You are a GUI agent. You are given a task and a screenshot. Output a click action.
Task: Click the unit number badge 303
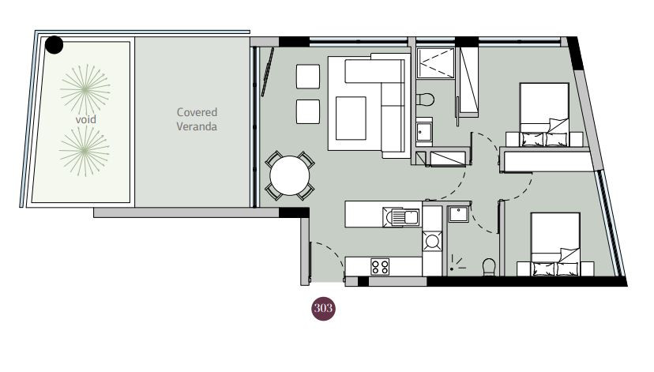(323, 309)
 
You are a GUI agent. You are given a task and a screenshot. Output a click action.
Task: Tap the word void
(85, 120)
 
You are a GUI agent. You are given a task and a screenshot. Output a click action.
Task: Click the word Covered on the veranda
(197, 112)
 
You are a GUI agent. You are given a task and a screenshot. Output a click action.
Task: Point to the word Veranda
(197, 126)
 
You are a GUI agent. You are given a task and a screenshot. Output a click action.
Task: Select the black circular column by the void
(54, 44)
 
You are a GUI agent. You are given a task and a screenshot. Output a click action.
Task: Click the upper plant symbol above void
(85, 88)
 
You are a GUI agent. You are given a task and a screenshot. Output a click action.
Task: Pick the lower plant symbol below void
(85, 151)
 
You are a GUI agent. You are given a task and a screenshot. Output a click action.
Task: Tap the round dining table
(289, 175)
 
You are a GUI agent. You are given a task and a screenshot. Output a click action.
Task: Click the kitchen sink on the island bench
(401, 217)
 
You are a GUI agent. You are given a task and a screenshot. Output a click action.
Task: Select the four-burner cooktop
(380, 267)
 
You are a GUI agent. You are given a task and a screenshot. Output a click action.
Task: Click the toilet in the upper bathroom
(425, 100)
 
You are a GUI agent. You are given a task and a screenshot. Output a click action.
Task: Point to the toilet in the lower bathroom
(489, 267)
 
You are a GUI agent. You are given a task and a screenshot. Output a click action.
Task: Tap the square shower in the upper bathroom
(435, 62)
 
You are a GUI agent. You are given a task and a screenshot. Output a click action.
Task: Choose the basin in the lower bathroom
(458, 214)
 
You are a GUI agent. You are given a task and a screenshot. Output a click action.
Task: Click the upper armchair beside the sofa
(308, 77)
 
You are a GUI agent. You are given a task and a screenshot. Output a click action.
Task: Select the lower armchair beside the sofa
(308, 112)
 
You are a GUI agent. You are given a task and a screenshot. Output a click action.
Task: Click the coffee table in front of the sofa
(351, 118)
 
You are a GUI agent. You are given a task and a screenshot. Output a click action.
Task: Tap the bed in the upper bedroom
(544, 115)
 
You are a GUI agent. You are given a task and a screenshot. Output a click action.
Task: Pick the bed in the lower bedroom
(555, 244)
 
